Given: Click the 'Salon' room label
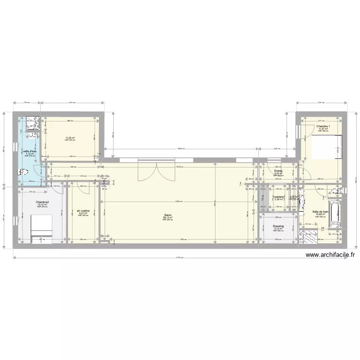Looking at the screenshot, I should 168,215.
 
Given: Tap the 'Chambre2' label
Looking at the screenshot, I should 42,202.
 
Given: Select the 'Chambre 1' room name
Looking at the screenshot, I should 323,126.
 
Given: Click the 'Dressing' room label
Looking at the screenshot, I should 278,226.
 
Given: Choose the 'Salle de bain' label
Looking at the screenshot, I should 320,212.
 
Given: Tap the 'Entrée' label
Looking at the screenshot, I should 278,171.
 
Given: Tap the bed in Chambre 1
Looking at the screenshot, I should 326,147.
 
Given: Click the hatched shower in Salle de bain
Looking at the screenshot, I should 308,236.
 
